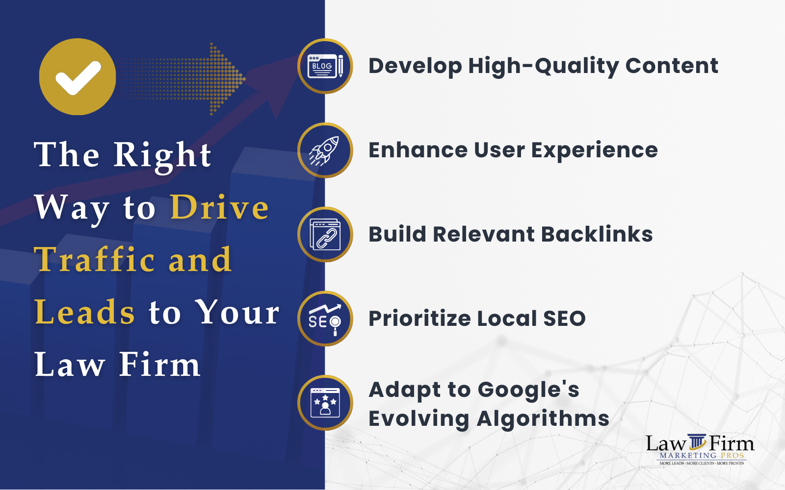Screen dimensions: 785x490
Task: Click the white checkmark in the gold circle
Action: (x=78, y=78)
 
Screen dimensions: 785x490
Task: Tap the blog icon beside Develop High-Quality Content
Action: (x=325, y=66)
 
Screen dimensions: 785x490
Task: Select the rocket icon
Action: (x=324, y=150)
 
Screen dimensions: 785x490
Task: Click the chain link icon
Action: (x=325, y=235)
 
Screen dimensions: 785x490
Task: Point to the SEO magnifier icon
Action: (x=325, y=319)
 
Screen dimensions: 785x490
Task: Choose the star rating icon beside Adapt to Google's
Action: (x=325, y=403)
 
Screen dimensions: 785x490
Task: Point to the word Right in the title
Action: (x=162, y=156)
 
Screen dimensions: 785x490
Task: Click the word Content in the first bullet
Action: (x=672, y=66)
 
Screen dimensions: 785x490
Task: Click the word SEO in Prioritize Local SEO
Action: (x=564, y=318)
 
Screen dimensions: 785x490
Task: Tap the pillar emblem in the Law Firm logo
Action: (x=697, y=441)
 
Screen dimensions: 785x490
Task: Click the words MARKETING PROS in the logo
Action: (x=702, y=456)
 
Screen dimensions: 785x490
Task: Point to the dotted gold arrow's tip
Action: (x=245, y=79)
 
